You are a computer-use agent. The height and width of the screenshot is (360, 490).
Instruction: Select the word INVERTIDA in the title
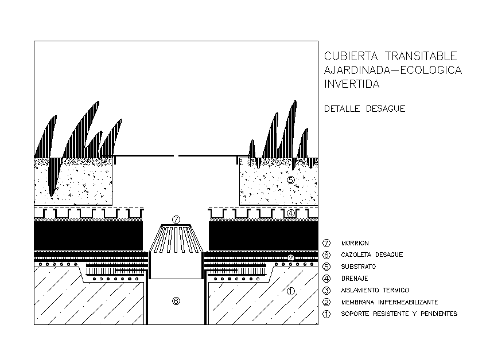click(x=352, y=84)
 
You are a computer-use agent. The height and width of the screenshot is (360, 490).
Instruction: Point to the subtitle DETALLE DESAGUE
click(x=364, y=109)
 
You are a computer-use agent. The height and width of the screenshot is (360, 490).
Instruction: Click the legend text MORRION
click(x=355, y=243)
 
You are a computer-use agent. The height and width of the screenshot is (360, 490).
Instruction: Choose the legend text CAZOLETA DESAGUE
click(x=372, y=255)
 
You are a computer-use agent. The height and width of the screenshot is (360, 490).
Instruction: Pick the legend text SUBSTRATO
click(x=358, y=267)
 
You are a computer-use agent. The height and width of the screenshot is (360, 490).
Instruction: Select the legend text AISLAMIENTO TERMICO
click(x=375, y=290)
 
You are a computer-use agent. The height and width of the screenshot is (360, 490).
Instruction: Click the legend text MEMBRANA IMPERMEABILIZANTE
click(x=390, y=302)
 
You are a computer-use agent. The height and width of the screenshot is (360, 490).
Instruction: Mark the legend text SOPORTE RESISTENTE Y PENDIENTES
click(x=399, y=314)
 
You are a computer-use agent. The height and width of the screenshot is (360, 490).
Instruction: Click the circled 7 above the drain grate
click(x=176, y=220)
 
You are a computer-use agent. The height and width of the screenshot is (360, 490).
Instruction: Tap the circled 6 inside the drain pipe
click(x=176, y=300)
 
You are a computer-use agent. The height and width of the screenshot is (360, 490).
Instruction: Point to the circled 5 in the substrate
click(x=291, y=180)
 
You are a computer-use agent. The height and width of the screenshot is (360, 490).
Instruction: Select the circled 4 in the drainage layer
click(x=291, y=213)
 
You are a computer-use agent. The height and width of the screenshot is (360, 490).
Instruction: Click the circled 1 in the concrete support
click(x=290, y=291)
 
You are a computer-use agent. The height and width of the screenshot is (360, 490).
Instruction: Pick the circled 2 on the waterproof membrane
click(x=291, y=258)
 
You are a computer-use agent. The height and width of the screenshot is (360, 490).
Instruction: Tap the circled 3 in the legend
click(x=327, y=290)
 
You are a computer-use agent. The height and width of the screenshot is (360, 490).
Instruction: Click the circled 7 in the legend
click(x=327, y=243)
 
